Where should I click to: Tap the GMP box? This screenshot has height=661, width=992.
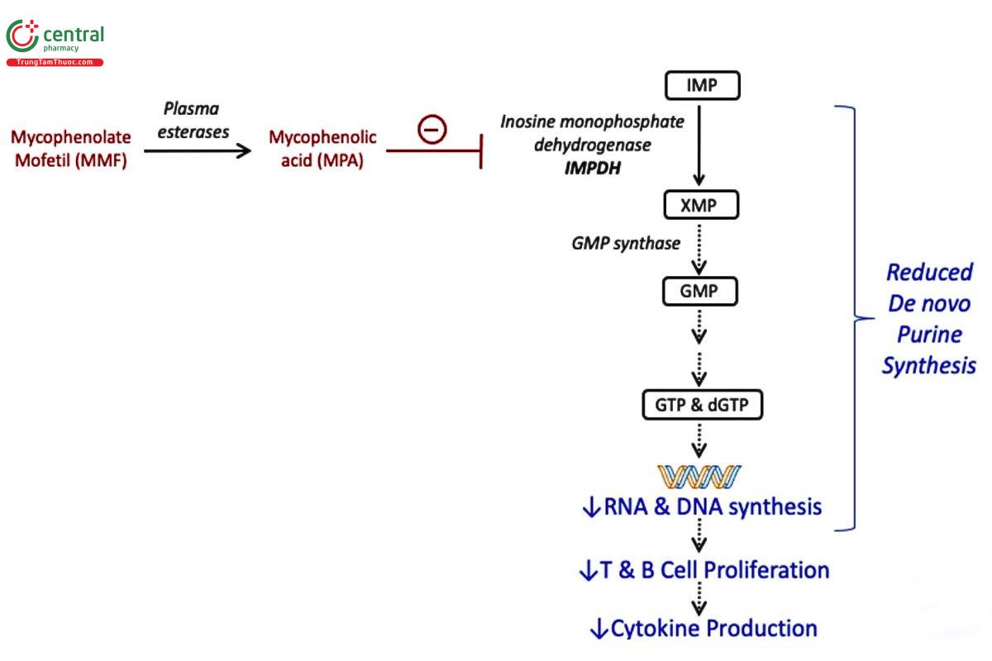(x=702, y=292)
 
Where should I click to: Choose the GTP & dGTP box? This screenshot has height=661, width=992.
(x=702, y=404)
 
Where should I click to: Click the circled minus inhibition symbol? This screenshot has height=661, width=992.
(x=432, y=129)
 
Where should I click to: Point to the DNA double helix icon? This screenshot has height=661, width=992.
(x=699, y=476)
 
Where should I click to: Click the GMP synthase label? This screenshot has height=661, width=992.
(x=627, y=244)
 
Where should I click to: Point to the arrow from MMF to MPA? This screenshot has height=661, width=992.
(x=197, y=151)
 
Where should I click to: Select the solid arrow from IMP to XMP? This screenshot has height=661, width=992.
(x=700, y=144)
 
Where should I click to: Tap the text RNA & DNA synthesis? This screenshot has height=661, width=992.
(x=702, y=506)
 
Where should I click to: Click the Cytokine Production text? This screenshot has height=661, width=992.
(x=703, y=629)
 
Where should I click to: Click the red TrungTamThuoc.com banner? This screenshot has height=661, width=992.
(x=55, y=63)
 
